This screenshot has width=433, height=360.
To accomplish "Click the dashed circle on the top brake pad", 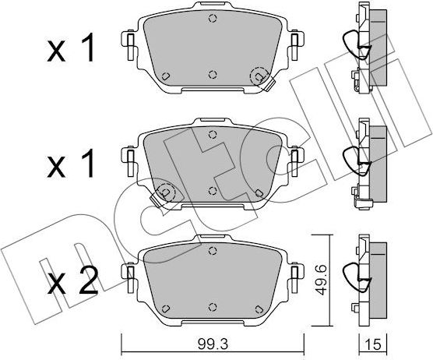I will [x=258, y=76].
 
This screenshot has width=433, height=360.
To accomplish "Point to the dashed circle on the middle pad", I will [x=165, y=192].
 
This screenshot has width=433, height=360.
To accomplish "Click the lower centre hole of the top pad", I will [x=213, y=76].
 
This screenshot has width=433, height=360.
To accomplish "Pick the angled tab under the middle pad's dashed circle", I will [x=159, y=204].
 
